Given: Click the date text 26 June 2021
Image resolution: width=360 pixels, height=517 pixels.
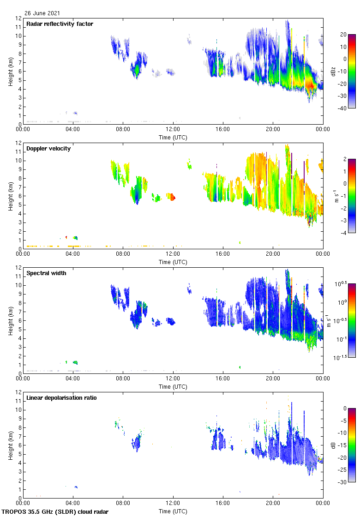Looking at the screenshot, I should point(42,13).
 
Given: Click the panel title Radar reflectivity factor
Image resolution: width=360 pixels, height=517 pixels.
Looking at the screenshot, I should point(60,24).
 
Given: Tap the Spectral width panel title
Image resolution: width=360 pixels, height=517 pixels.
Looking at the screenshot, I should point(46,273).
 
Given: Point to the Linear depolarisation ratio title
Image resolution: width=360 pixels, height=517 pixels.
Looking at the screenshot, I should point(61,398).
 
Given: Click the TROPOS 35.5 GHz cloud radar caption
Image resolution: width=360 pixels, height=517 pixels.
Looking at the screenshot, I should point(55,512).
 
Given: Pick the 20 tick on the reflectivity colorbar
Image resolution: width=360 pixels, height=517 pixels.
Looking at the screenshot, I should point(343,35).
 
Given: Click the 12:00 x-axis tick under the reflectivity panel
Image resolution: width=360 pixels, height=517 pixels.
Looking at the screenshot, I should point(173,130).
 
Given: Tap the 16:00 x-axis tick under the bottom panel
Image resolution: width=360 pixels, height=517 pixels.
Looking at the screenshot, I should point(223,504).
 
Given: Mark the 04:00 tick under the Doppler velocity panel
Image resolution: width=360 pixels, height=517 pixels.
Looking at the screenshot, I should point(73,254).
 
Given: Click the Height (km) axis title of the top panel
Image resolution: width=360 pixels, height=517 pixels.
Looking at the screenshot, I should point(10,71).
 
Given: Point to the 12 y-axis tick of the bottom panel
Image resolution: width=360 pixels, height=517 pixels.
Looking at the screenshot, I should point(19,392).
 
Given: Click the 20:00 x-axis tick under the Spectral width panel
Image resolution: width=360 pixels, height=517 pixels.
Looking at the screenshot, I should point(273,379).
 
